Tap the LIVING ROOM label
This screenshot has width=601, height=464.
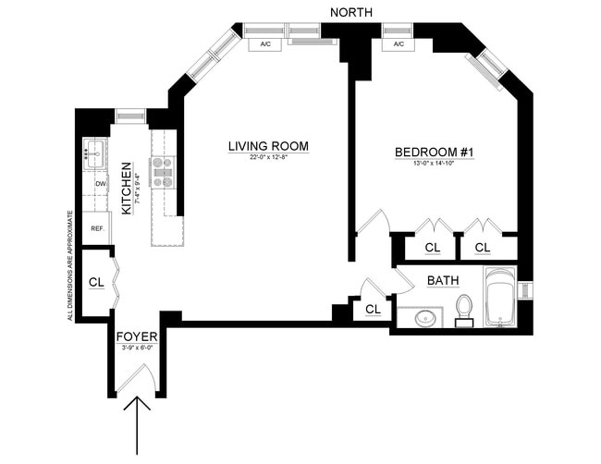coord(268,147)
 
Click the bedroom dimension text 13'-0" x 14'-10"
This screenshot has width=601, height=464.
coord(434,164)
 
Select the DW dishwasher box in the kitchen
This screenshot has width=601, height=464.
coord(99,184)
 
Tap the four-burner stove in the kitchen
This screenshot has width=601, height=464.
coord(165,172)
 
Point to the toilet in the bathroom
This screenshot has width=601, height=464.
coord(466,307)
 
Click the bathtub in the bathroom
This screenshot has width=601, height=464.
coord(503,298)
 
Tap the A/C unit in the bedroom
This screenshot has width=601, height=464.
coord(399,43)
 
